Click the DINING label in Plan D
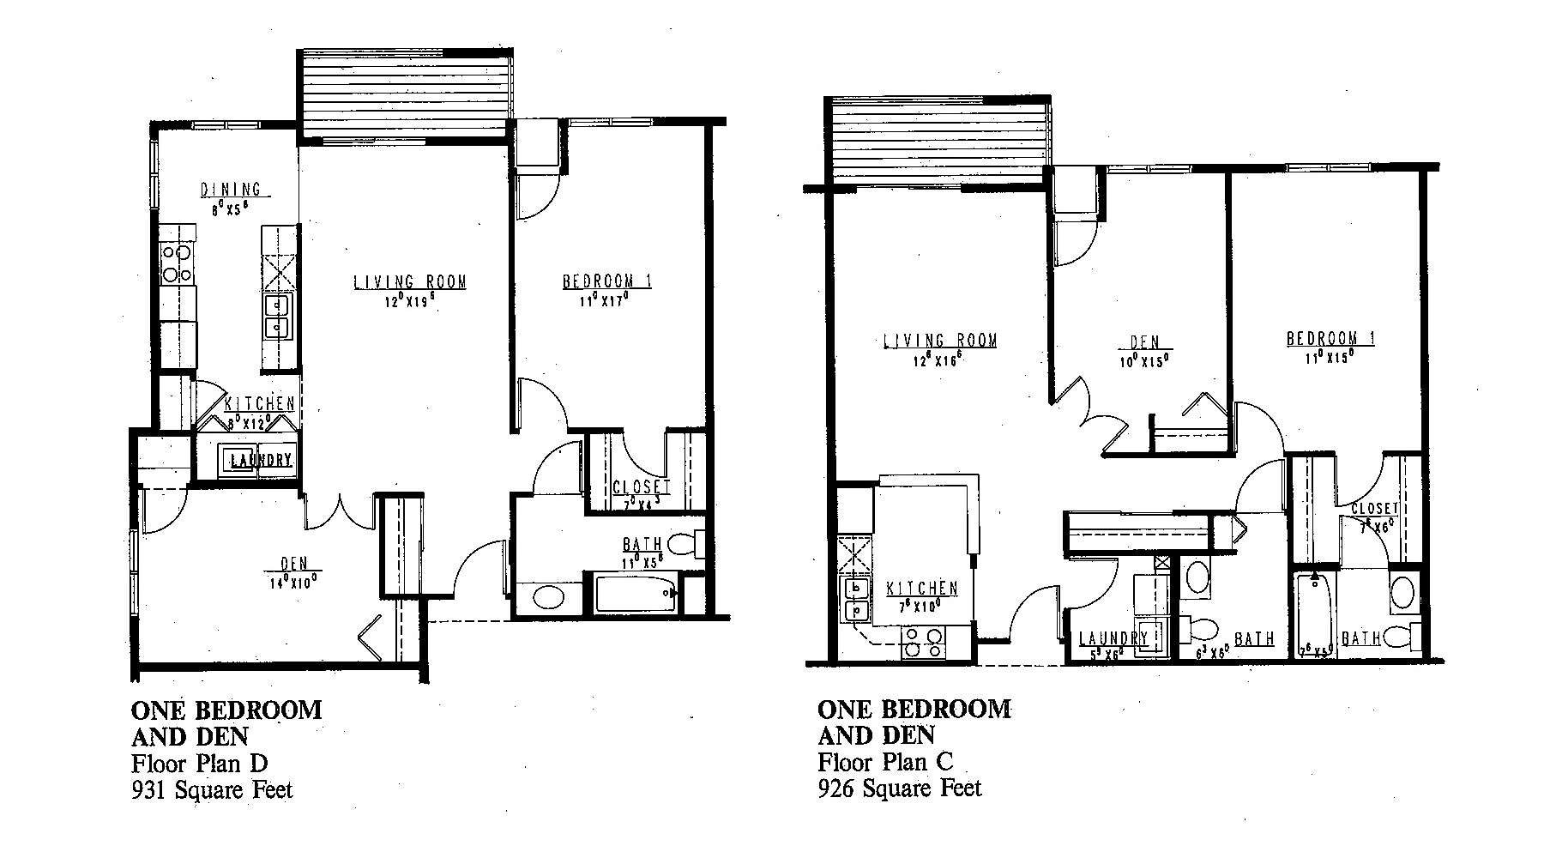coord(231,190)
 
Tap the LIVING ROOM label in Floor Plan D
coord(410,281)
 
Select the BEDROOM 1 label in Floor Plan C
coord(1330,338)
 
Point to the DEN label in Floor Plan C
coord(1144,343)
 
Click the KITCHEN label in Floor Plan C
coord(922,589)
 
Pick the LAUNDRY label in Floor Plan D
coord(261,460)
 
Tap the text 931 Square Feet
coord(212,789)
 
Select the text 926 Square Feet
coord(900,787)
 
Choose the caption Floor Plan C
coord(886,761)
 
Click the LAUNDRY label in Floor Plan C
coord(1113,638)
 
